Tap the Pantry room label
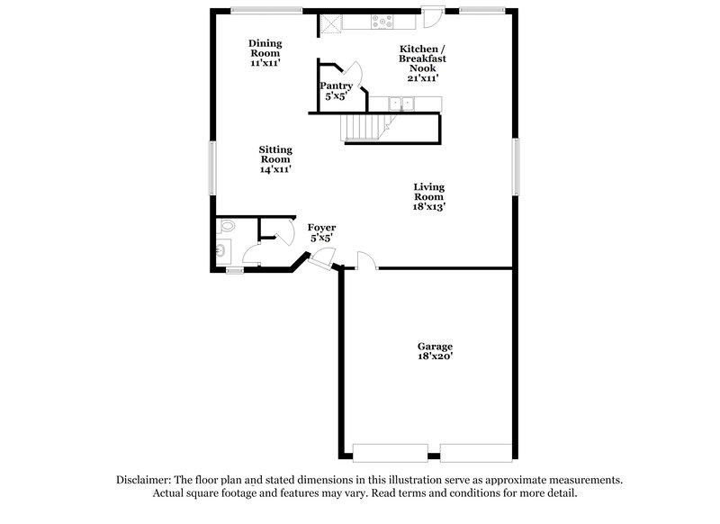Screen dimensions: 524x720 (x=336, y=90)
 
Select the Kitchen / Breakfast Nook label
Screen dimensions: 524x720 (x=423, y=62)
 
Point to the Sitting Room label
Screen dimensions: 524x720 (x=274, y=159)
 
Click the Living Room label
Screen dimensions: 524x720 (x=429, y=196)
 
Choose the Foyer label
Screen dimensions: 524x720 (x=321, y=232)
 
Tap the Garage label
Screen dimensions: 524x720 (x=435, y=351)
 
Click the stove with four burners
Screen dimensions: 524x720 (x=382, y=23)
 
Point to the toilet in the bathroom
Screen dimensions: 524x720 (x=227, y=227)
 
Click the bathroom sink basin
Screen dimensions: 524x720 (x=221, y=252)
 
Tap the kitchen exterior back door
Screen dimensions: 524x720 (x=433, y=14)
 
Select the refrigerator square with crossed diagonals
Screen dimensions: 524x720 (x=331, y=24)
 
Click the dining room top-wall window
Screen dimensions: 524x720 (x=266, y=11)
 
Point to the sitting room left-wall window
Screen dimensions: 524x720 (x=213, y=167)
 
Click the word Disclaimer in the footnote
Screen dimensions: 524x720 (x=146, y=481)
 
